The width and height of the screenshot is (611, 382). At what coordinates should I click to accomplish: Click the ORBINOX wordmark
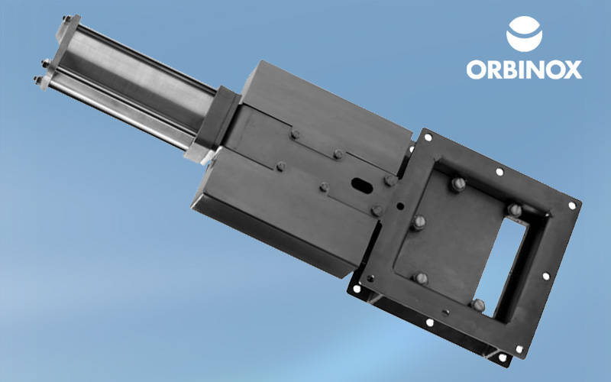(x=524, y=70)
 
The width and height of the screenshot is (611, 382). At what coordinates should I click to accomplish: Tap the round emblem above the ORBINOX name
(x=524, y=34)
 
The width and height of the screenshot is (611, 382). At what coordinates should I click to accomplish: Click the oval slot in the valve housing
(x=362, y=186)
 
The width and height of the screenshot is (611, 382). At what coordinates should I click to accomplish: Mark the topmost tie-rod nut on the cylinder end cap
(x=67, y=19)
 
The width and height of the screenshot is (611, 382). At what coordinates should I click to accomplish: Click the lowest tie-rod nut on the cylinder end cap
(x=38, y=80)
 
